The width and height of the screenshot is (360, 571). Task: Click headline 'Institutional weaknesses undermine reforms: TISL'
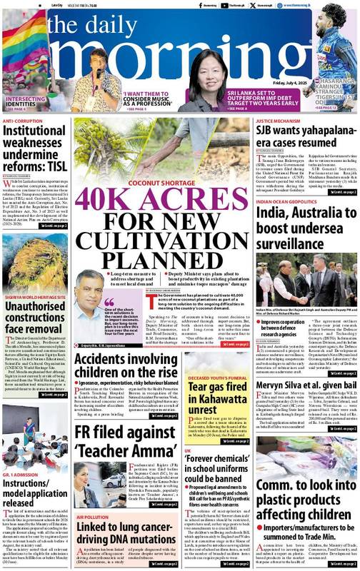pos(35,151)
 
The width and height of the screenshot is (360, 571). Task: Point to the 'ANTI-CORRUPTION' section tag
pos(21,122)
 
